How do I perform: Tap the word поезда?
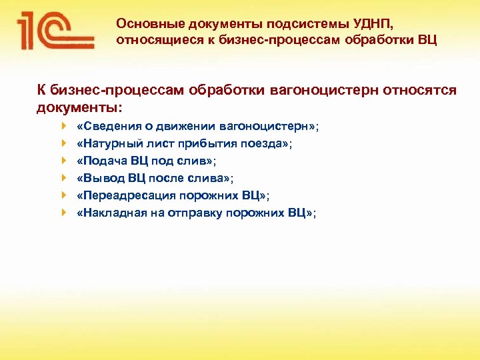[268, 143]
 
